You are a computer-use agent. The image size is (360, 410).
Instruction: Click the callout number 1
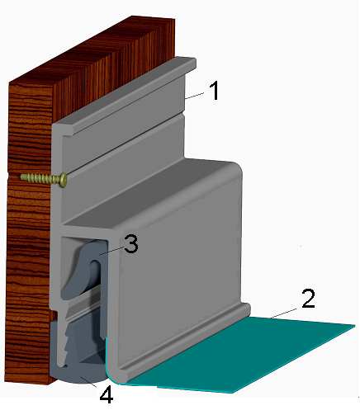pos(214,91)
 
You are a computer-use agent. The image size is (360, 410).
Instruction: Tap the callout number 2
pos(308,299)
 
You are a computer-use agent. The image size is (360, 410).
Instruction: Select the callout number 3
pos(131,244)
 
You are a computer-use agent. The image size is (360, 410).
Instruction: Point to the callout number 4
pos(107,395)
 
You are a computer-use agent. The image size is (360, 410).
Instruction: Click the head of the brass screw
pos(64,180)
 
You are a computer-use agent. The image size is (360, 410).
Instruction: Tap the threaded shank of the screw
pos(40,178)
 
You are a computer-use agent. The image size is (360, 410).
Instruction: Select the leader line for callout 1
pos(195,96)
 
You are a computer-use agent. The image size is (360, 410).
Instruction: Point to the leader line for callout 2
pos(284,313)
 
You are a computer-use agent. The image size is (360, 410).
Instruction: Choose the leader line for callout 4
pos(89,382)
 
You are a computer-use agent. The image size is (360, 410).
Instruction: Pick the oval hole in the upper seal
pos(94,270)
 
